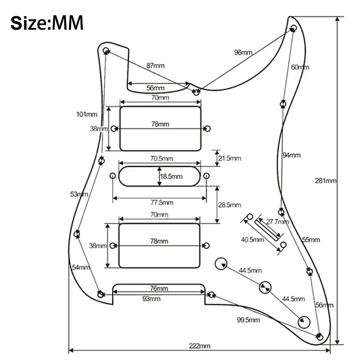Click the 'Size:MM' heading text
pos(47,22)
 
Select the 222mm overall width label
pos(200,346)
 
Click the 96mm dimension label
pos(243,53)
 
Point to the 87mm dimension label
pos(155,66)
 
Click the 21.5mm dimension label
pos(229,158)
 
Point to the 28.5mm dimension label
pos(229,205)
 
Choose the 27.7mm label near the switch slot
pos(277,222)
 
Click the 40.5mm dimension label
pos(252,239)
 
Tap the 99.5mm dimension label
pos(248,320)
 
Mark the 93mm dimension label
pos(152,299)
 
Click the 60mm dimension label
pos(300,67)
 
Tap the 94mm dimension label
pos(291,155)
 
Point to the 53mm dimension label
pos(79,194)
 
